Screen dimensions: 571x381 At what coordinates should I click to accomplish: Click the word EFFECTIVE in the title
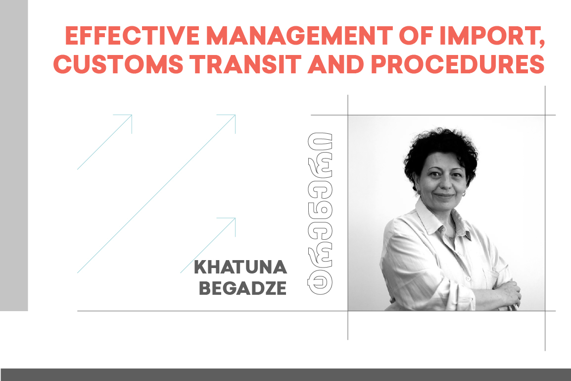click(132, 36)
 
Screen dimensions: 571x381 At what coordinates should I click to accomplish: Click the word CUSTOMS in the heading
click(118, 64)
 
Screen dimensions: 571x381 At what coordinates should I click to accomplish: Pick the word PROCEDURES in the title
click(457, 64)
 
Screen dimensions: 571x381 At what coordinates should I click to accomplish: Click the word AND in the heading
click(336, 64)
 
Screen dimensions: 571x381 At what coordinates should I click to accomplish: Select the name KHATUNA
click(240, 267)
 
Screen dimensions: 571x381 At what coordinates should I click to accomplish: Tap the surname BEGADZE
click(242, 288)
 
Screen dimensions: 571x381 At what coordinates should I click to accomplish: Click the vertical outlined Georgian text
click(321, 213)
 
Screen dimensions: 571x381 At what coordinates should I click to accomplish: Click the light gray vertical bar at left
click(14, 155)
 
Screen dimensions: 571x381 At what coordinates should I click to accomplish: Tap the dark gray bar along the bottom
click(285, 375)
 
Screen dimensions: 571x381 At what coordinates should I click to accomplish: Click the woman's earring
click(464, 194)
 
